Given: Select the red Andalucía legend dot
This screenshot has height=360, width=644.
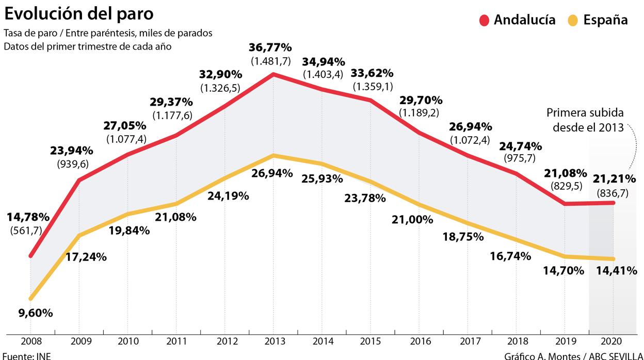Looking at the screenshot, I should [x=484, y=20].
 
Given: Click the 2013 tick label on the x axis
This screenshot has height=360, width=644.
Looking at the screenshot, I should [x=273, y=341].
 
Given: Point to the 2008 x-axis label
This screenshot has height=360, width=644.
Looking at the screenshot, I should [x=30, y=341].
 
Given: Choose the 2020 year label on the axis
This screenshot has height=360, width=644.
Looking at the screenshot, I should [x=613, y=341].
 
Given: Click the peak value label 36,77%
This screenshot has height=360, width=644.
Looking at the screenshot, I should [x=271, y=48].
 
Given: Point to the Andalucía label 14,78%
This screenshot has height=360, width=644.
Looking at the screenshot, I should [x=28, y=217].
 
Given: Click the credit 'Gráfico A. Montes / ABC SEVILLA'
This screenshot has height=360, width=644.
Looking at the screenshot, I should [x=573, y=355].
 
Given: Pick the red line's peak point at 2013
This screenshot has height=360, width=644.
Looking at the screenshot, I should [x=273, y=74].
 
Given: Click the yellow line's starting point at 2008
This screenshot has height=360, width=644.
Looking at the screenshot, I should [x=31, y=298].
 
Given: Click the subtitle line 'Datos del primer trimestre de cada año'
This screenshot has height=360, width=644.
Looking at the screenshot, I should [x=87, y=46].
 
